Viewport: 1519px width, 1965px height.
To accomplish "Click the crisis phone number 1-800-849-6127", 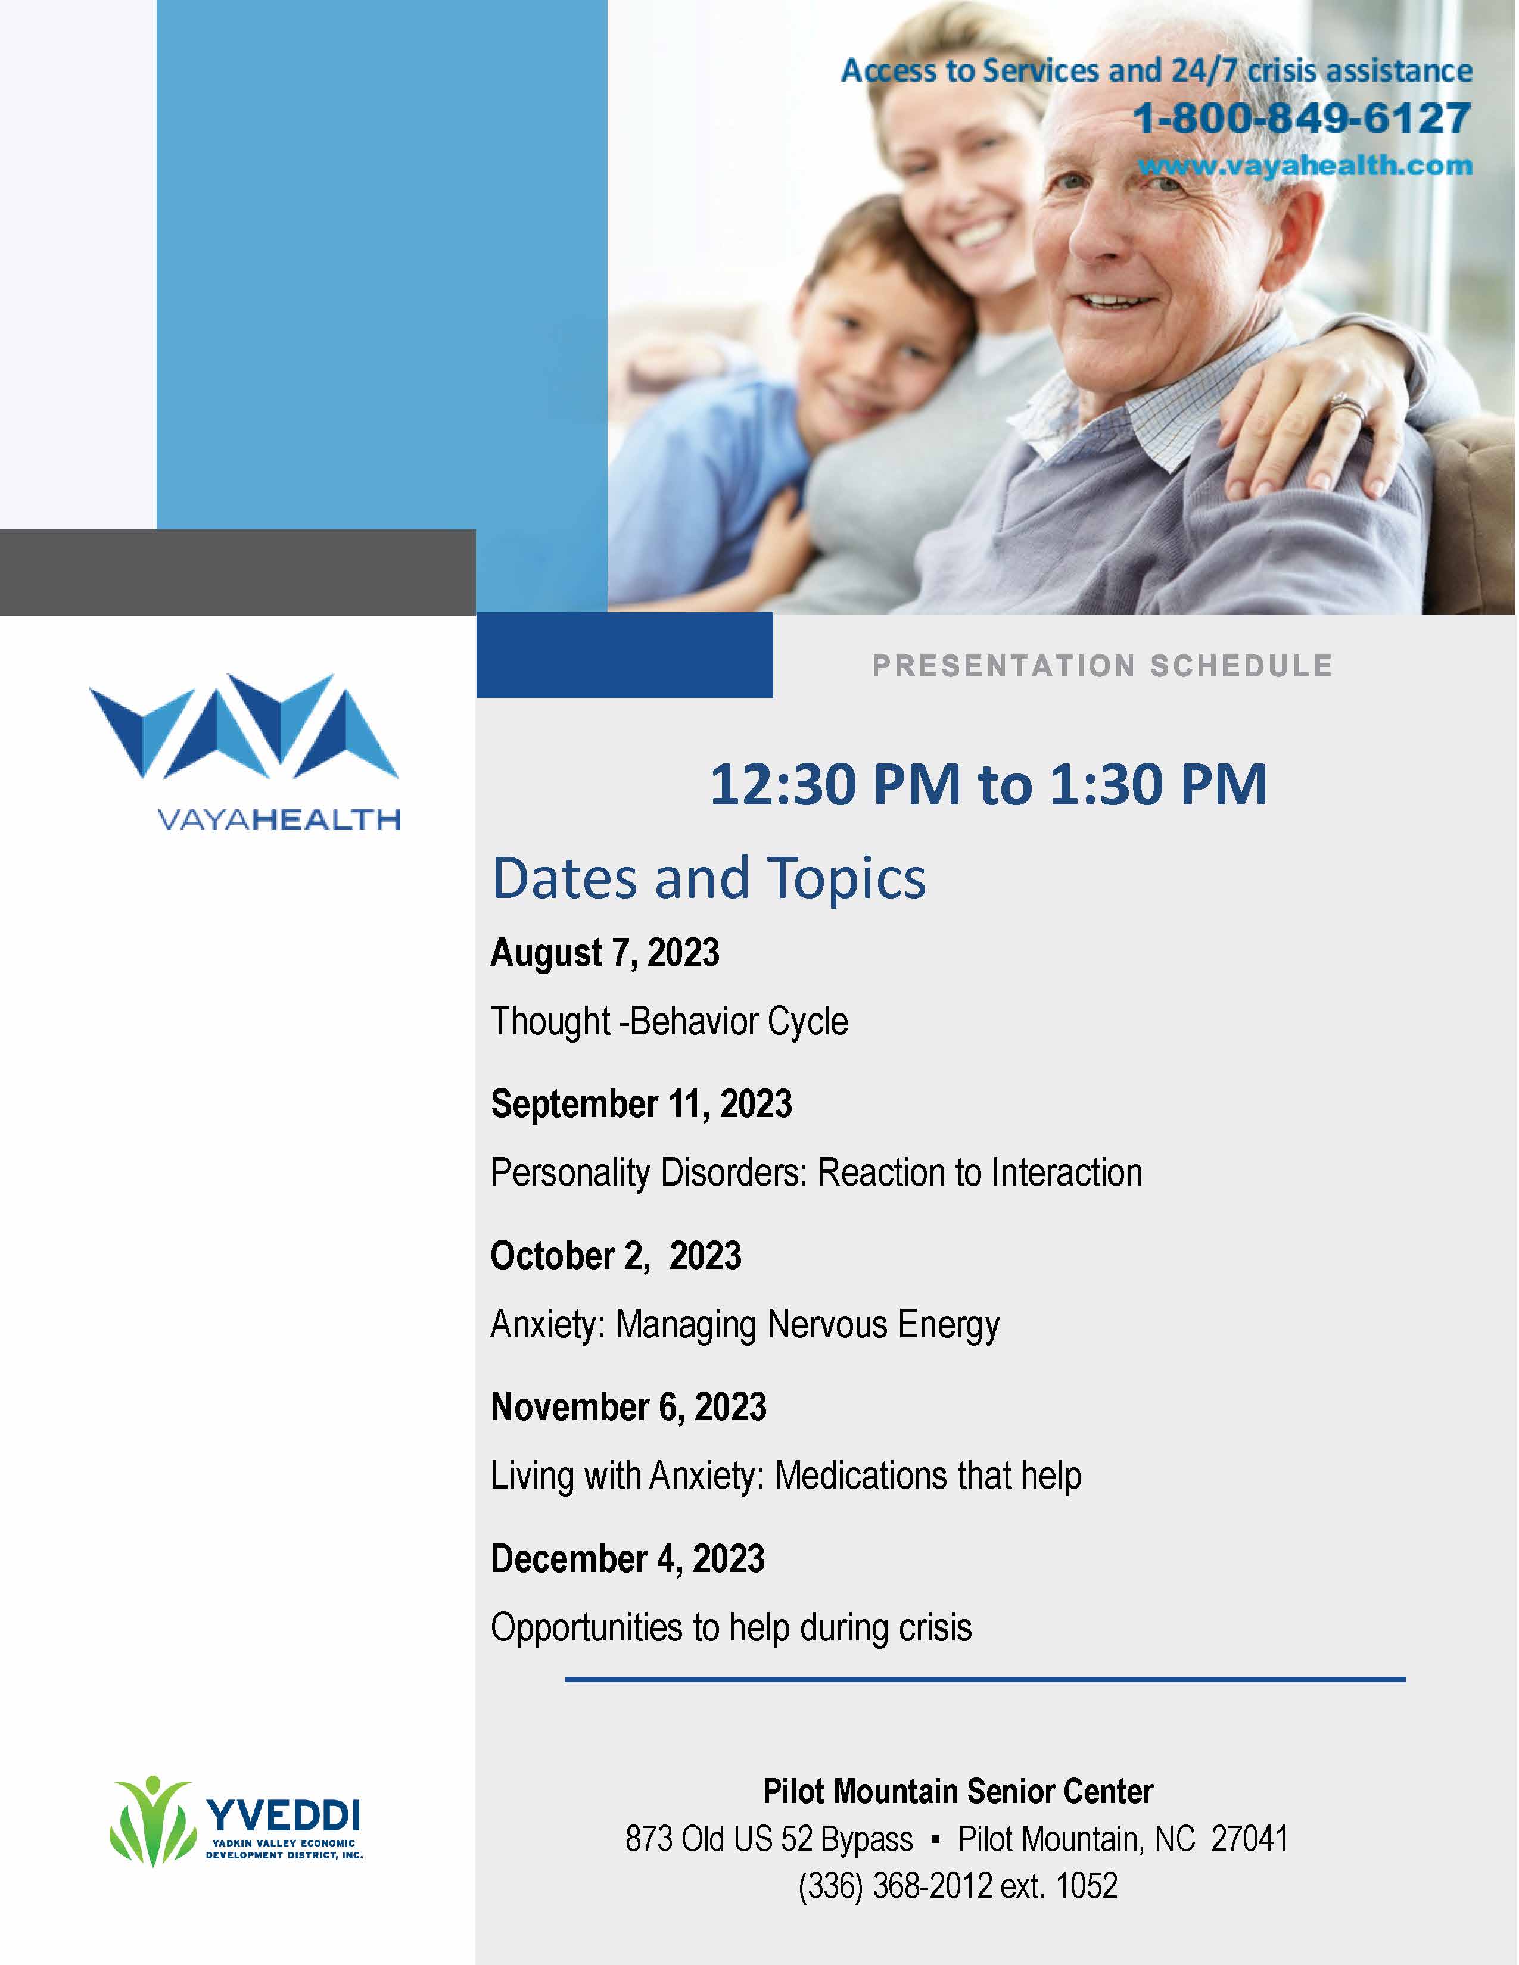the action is (x=1302, y=118).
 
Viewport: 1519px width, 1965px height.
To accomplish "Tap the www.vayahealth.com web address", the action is (x=1306, y=166).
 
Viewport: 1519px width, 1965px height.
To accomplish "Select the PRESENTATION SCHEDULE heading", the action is (x=1103, y=666).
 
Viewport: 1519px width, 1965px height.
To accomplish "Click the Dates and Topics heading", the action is (x=709, y=879).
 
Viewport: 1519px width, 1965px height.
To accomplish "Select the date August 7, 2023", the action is (x=605, y=953).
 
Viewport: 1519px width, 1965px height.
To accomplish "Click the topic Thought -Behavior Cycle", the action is (x=668, y=1022).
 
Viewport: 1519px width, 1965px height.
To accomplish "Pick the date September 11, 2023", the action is (x=641, y=1104).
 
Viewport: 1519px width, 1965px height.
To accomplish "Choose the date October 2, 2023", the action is (x=615, y=1256).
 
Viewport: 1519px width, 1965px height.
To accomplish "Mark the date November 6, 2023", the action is (x=628, y=1407).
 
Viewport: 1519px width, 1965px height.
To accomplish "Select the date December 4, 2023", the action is (x=627, y=1558).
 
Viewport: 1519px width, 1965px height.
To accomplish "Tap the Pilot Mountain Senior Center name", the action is (x=957, y=1791).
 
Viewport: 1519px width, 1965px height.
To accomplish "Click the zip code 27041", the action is (x=1249, y=1838).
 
